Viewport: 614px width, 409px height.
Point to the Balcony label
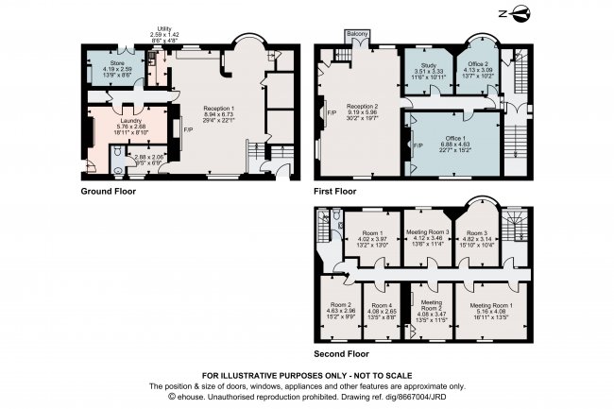pos(356,35)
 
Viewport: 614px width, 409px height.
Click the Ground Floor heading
pos(109,191)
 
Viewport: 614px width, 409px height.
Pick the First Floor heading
pos(334,191)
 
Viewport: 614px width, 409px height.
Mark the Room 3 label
pos(482,230)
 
